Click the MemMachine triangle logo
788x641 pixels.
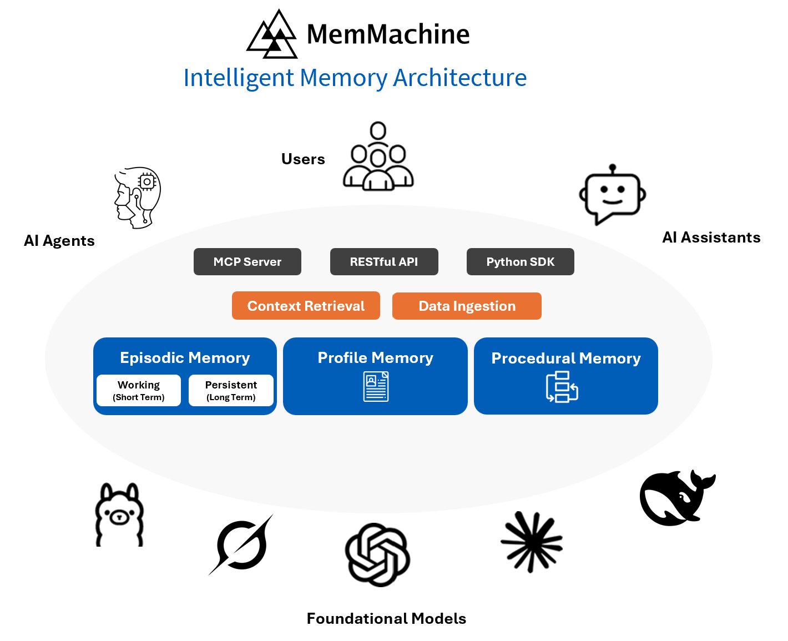click(x=272, y=35)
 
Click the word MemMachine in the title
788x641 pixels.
click(x=388, y=34)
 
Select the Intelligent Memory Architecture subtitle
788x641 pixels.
click(x=355, y=78)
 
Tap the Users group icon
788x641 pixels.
click(x=378, y=157)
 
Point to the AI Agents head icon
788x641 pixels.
click(x=138, y=198)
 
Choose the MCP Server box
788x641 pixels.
click(x=247, y=262)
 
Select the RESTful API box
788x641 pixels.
click(x=384, y=262)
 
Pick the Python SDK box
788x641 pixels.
click(x=521, y=262)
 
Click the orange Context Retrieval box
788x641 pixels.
click(x=306, y=306)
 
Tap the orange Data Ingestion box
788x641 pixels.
click(x=467, y=306)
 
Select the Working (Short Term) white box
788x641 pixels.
click(x=139, y=391)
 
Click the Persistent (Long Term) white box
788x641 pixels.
click(x=231, y=391)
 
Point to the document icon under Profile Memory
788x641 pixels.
click(x=376, y=387)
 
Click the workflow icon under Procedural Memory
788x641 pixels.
click(x=562, y=387)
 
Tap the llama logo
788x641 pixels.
click(x=119, y=515)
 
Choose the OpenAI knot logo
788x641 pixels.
click(x=377, y=554)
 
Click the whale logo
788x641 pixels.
click(x=676, y=498)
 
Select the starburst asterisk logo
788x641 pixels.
click(x=532, y=542)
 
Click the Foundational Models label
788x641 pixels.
click(x=386, y=619)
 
